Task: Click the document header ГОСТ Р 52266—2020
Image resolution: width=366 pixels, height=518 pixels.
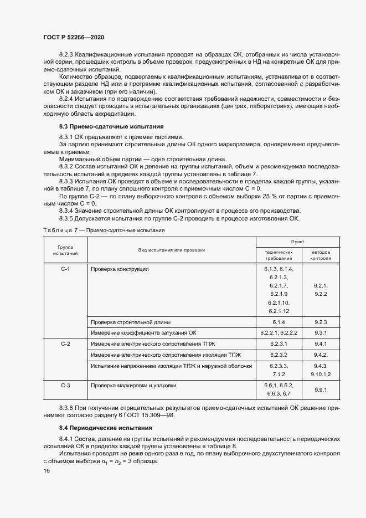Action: pos(73,37)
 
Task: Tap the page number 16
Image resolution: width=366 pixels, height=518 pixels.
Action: pos(46,470)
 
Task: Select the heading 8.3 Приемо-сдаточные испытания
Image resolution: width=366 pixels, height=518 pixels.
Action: pos(104,126)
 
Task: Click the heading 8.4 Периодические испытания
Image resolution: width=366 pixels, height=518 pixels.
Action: pos(101,428)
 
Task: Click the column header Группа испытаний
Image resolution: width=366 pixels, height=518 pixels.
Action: pos(65,250)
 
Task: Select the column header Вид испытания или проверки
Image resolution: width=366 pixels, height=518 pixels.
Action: pos(172,250)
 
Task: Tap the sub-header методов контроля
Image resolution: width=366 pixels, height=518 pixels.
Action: pos(321,254)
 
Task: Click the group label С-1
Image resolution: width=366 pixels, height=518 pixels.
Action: pos(65,269)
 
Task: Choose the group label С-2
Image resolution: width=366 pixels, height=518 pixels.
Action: pos(65,344)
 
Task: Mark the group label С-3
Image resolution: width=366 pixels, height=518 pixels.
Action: pos(65,384)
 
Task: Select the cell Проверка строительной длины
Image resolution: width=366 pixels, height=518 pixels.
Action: pos(131,321)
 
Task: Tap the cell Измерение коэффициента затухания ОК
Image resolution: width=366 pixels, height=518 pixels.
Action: pos(143,332)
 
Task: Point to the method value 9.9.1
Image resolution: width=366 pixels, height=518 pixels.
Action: pos(321,389)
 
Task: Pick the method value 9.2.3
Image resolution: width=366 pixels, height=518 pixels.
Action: pos(321,321)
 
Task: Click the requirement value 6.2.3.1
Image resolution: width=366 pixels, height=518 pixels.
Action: pos(278,344)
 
